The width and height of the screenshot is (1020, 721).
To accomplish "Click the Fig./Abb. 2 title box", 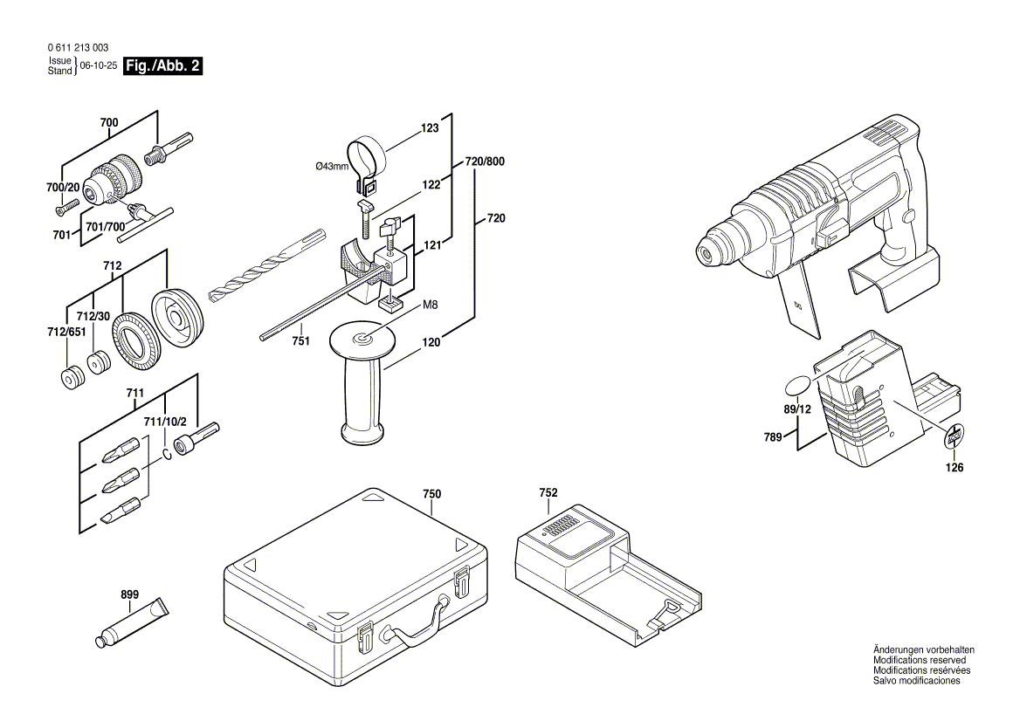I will coord(164,66).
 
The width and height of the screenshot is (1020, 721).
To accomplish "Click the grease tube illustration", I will coord(132,621).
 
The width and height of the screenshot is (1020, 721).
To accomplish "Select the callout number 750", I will coord(431,494).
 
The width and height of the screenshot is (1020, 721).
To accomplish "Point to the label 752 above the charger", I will coord(548,493).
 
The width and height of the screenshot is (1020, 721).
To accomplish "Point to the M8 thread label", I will coord(430,305).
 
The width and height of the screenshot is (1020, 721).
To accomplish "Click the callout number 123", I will coord(430,128).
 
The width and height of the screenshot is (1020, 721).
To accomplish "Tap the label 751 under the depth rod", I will coord(300,342).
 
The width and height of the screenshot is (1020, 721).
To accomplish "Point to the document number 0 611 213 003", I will coord(78,49).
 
